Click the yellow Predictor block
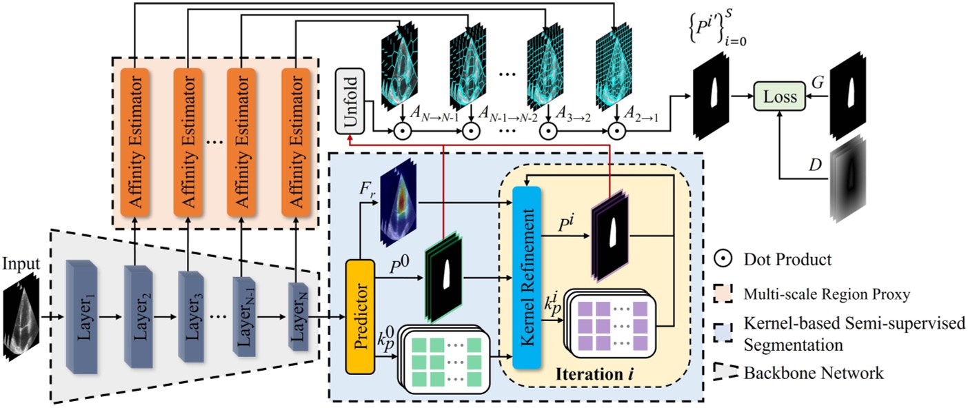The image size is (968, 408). tap(359, 316)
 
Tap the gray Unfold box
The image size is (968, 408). tap(350, 101)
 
